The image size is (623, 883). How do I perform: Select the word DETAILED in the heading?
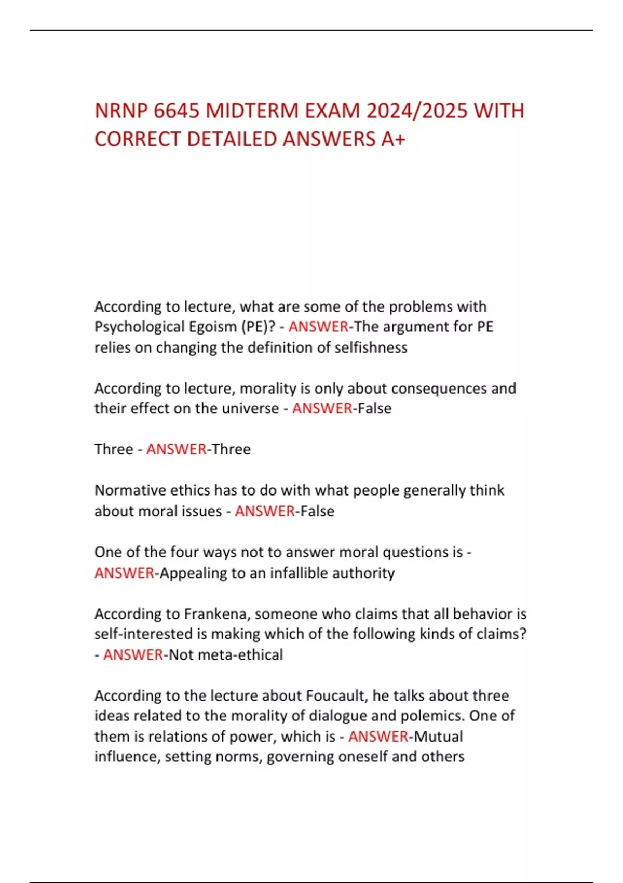pyautogui.click(x=232, y=139)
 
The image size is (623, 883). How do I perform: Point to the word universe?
pyautogui.click(x=250, y=409)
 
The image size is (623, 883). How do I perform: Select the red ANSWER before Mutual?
pyautogui.click(x=378, y=737)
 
